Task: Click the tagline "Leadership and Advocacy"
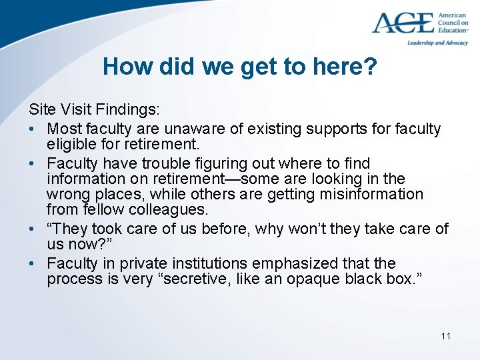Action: [437, 42]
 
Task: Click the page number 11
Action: [445, 335]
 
